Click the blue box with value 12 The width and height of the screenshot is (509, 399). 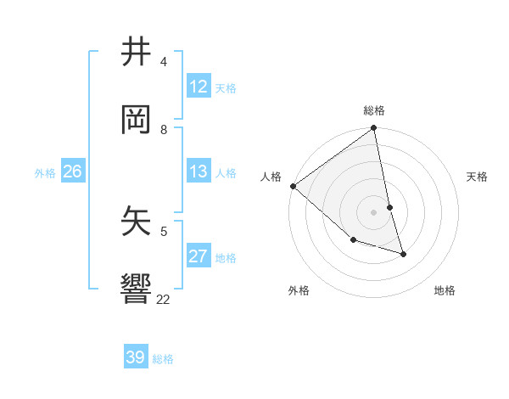coord(199,87)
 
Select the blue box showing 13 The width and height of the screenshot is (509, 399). coord(199,171)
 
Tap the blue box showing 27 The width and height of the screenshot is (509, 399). coord(199,256)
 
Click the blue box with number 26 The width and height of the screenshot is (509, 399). coord(72,171)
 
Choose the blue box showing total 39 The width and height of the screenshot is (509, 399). coord(136,357)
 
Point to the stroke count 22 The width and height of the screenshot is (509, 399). coord(164,299)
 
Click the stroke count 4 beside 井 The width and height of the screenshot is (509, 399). coord(164,62)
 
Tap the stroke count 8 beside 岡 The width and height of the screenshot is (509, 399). coord(164,129)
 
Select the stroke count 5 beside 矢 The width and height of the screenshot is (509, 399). coord(164,230)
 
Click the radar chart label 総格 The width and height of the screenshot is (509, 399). coord(374,110)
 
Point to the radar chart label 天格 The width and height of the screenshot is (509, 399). coord(478,177)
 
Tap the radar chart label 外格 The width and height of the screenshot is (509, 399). coord(299,290)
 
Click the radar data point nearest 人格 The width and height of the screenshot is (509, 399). coord(293,186)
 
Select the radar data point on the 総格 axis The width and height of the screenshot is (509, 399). coord(374,129)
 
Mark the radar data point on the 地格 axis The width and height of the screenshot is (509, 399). coord(403,254)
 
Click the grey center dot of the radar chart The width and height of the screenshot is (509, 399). coord(374,211)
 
